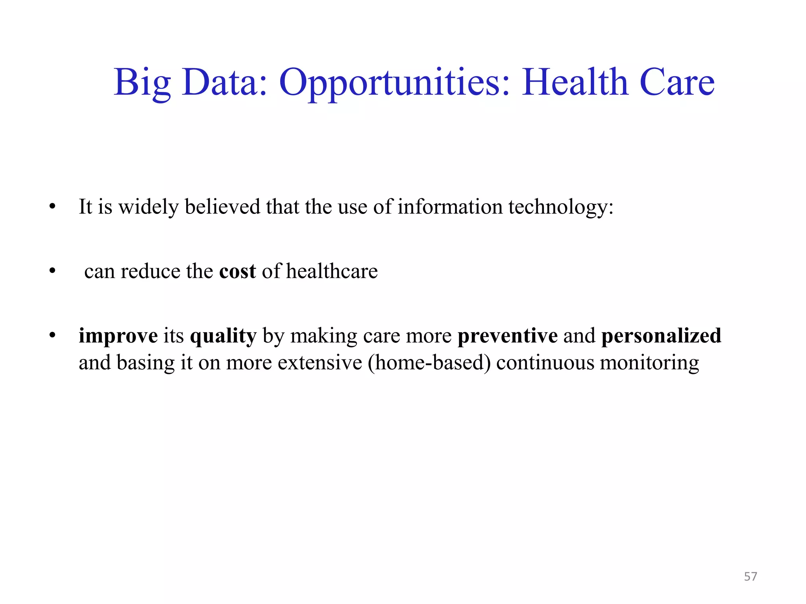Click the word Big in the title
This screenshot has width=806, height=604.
click(142, 83)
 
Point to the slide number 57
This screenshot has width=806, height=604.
click(751, 576)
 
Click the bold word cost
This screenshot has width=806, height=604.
click(237, 271)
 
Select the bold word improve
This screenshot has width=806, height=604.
click(118, 336)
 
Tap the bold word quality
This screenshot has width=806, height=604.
click(223, 337)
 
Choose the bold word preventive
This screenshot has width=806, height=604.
click(507, 336)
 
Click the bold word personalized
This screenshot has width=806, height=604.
click(661, 336)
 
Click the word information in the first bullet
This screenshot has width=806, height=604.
click(450, 207)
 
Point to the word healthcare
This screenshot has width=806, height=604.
click(332, 271)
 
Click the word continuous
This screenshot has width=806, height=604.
click(545, 363)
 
